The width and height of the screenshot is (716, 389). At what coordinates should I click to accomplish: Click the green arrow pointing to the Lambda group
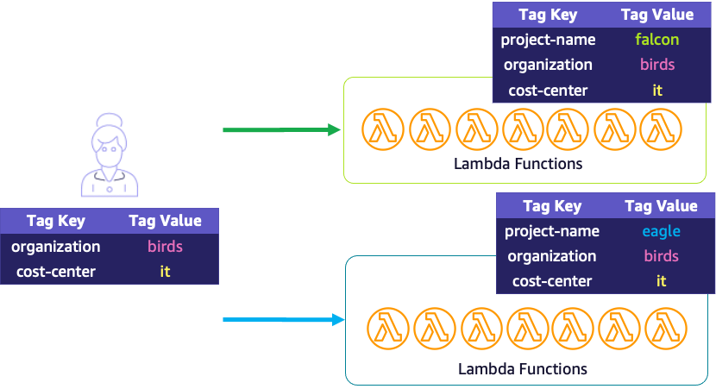click(x=281, y=130)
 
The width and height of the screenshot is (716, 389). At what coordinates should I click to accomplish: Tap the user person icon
click(x=109, y=155)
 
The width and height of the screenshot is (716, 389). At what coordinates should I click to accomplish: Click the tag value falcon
click(x=656, y=39)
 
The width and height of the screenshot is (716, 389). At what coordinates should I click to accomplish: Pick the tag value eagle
click(x=661, y=231)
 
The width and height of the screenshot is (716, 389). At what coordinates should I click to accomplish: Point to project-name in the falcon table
click(x=548, y=39)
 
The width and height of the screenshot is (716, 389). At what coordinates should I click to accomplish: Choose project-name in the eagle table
click(x=551, y=231)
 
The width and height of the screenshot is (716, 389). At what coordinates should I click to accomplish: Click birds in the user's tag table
click(x=165, y=247)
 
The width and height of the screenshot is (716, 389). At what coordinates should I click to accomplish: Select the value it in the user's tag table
click(x=165, y=272)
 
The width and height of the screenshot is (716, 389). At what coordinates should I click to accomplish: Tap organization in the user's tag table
click(x=55, y=247)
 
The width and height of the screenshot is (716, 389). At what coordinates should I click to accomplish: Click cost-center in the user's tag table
click(x=55, y=272)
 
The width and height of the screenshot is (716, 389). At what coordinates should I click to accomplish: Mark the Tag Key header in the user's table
click(x=55, y=221)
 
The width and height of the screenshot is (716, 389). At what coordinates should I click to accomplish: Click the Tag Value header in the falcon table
click(x=656, y=15)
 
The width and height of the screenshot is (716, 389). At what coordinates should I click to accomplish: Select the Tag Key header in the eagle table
click(x=552, y=206)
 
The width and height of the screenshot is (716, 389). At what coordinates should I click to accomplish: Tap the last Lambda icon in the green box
click(x=661, y=129)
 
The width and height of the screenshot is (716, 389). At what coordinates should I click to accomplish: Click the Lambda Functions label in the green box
click(x=518, y=163)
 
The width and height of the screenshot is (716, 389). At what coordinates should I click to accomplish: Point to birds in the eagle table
click(x=661, y=256)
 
